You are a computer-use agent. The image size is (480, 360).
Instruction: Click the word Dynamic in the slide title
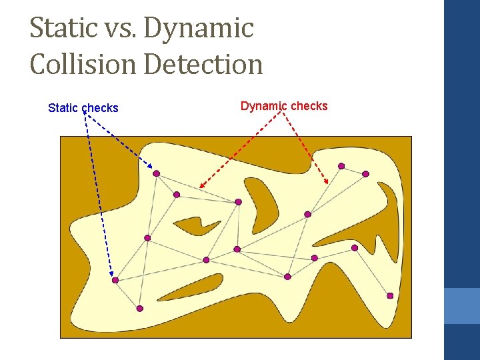[x=198, y=29]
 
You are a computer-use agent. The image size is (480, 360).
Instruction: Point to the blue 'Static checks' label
[x=83, y=108]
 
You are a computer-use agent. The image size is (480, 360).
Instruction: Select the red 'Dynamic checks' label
[x=284, y=106]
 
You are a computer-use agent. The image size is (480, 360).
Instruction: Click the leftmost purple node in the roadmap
[x=115, y=281]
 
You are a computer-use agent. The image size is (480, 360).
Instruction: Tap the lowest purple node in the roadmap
[x=140, y=309]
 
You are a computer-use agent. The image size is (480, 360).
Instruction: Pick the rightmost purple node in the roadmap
[x=390, y=296]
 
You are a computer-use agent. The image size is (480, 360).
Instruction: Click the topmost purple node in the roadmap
[x=341, y=166]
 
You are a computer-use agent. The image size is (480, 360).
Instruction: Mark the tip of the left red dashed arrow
[x=201, y=187]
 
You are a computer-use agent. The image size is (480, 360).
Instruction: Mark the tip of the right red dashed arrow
[x=327, y=183]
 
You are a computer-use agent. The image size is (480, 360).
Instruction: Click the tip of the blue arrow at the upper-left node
[x=152, y=169]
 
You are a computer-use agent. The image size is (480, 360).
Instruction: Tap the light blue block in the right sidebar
[x=462, y=306]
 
